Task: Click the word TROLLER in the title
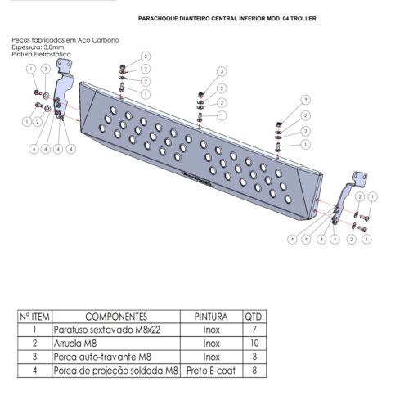pyautogui.click(x=303, y=19)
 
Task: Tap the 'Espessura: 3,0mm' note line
pyautogui.click(x=38, y=47)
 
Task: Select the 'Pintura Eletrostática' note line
pyautogui.click(x=41, y=54)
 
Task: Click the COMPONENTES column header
pyautogui.click(x=116, y=317)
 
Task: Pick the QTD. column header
pyautogui.click(x=254, y=317)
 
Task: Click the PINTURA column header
pyautogui.click(x=211, y=317)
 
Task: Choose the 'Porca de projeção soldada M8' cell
pyautogui.click(x=115, y=371)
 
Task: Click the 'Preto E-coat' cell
pyautogui.click(x=211, y=371)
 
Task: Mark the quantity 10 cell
pyautogui.click(x=254, y=344)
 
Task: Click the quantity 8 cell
pyautogui.click(x=254, y=371)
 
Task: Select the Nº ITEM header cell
pyautogui.click(x=34, y=317)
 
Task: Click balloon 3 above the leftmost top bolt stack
pyautogui.click(x=146, y=56)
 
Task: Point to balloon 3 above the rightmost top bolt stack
pyautogui.click(x=305, y=100)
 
